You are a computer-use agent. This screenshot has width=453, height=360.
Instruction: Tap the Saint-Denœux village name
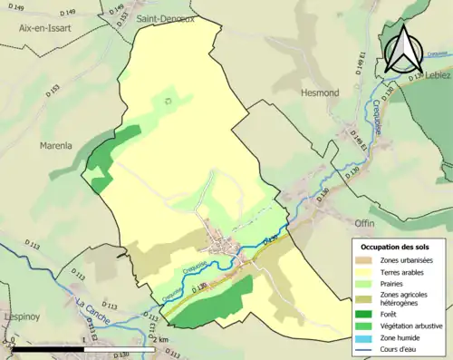pos(164,18)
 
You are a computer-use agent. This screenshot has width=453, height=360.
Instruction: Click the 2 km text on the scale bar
pos(161,338)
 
